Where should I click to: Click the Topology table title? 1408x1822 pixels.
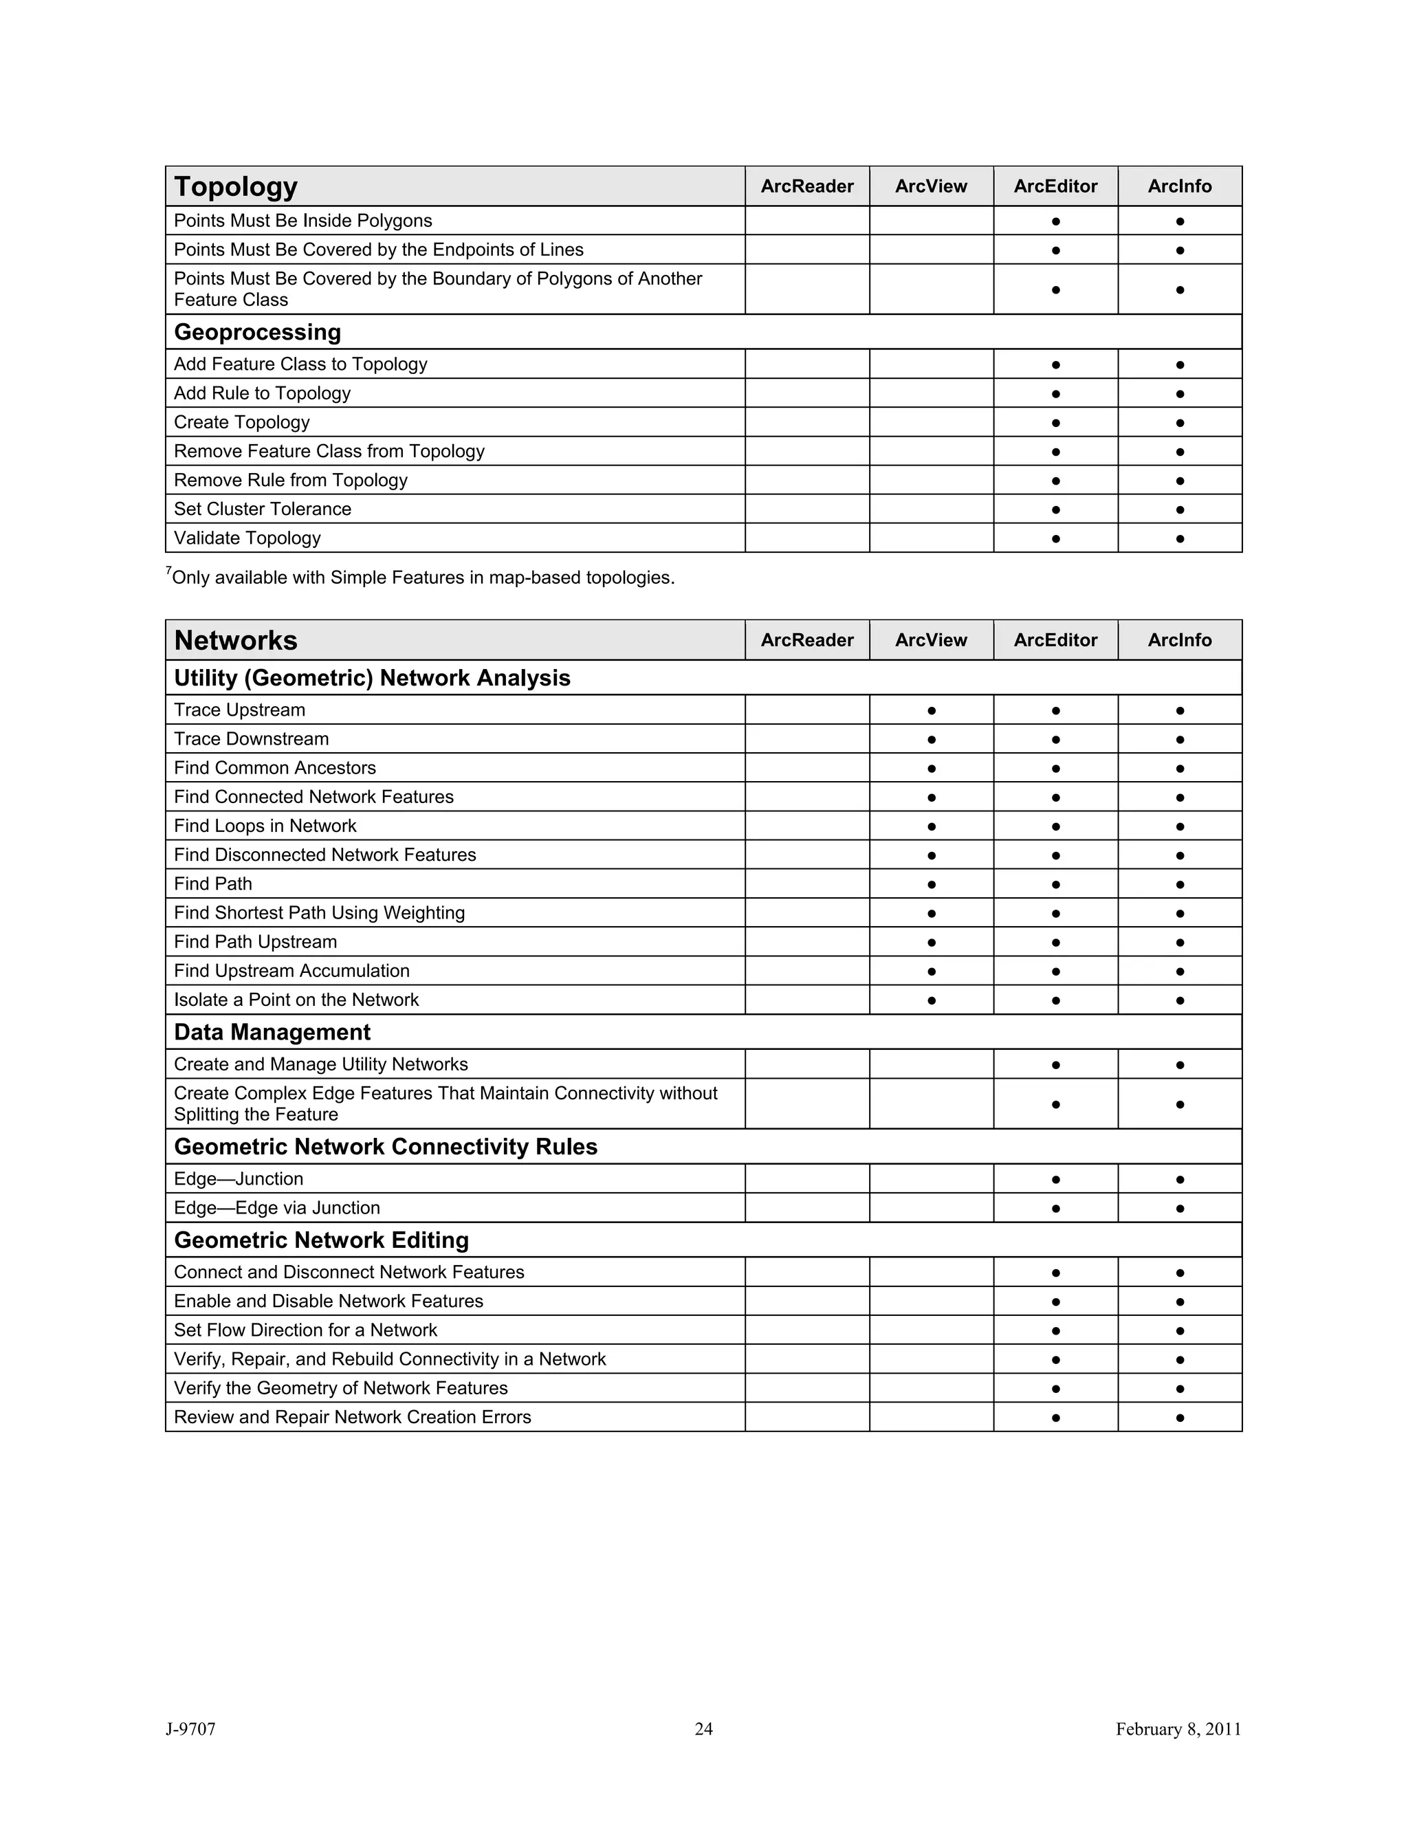click(x=236, y=187)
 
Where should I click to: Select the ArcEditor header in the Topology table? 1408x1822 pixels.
click(x=1055, y=187)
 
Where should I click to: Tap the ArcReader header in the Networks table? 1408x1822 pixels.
click(x=806, y=641)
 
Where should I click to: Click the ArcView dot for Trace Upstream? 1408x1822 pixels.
click(x=932, y=711)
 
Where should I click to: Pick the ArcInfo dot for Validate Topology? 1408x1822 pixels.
click(x=1180, y=539)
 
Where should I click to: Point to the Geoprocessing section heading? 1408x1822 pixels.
click(x=258, y=332)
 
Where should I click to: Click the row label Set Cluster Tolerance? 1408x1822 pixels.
click(x=263, y=509)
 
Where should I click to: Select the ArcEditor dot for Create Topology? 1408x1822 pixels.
click(x=1055, y=423)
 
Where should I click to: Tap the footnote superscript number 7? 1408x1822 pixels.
click(x=168, y=571)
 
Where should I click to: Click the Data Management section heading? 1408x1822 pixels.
click(x=272, y=1032)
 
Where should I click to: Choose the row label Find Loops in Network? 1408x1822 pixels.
click(x=265, y=826)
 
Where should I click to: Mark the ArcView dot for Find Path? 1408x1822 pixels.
click(x=932, y=884)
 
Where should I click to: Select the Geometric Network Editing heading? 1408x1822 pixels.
click(x=321, y=1240)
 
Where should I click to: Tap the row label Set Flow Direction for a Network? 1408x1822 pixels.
click(x=305, y=1330)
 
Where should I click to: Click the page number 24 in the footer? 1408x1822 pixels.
click(x=704, y=1728)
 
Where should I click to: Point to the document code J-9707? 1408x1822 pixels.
click(x=191, y=1728)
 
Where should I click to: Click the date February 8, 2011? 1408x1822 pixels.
click(x=1178, y=1728)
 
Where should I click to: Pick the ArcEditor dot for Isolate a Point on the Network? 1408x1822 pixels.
click(x=1055, y=1000)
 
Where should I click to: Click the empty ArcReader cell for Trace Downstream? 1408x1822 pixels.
click(x=806, y=739)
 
